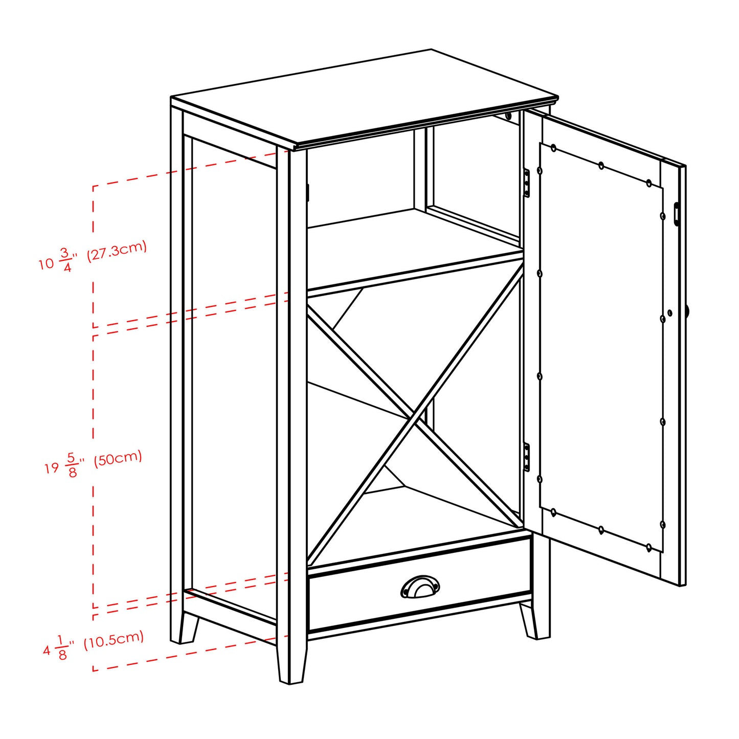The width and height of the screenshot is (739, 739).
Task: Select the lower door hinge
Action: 527,457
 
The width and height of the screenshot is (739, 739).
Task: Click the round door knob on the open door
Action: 688,311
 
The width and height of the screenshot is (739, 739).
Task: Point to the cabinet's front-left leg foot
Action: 292,665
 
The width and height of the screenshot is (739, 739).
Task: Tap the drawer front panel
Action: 358,598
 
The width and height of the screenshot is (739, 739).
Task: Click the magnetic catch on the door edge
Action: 677,214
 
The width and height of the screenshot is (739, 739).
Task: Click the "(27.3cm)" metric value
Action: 117,251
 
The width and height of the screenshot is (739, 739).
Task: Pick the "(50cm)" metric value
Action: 118,458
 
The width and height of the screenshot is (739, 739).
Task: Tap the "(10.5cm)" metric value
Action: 114,639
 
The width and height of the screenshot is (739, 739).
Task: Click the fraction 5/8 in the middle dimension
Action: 72,464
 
